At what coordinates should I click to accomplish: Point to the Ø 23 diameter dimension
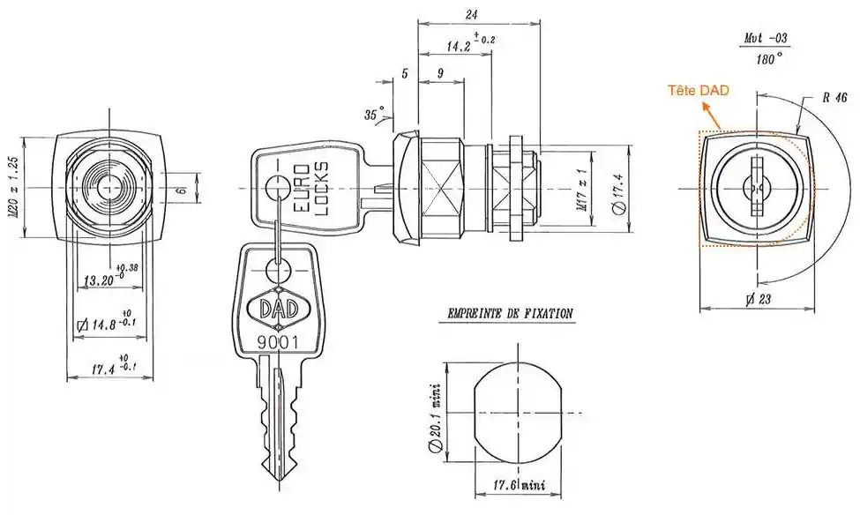pos(757,299)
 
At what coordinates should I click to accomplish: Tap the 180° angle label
pos(767,59)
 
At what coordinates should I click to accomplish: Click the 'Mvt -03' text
pos(766,40)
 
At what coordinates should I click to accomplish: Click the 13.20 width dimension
pos(99,280)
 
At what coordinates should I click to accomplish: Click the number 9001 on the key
pos(276,342)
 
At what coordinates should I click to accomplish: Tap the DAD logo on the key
pos(277,308)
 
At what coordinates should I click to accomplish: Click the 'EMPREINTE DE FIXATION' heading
pos(510,313)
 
